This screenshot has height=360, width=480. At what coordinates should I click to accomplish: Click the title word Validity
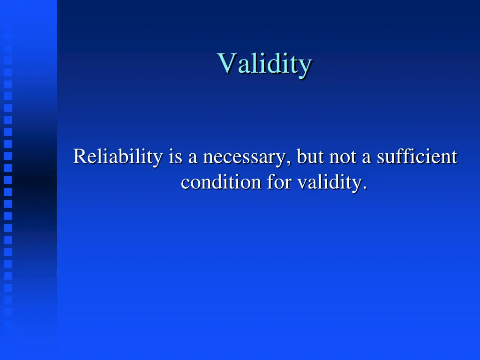(264, 64)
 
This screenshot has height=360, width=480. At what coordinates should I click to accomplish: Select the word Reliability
(118, 157)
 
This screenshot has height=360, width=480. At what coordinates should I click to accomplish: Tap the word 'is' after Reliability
(176, 157)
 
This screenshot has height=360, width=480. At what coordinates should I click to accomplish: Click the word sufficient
(417, 157)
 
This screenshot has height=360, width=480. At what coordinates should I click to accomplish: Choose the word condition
(221, 182)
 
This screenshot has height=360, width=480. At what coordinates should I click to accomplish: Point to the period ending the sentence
(364, 188)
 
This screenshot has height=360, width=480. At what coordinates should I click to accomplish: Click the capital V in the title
(226, 63)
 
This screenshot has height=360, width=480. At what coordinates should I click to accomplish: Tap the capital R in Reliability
(79, 157)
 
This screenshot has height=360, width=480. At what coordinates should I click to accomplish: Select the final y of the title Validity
(305, 67)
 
